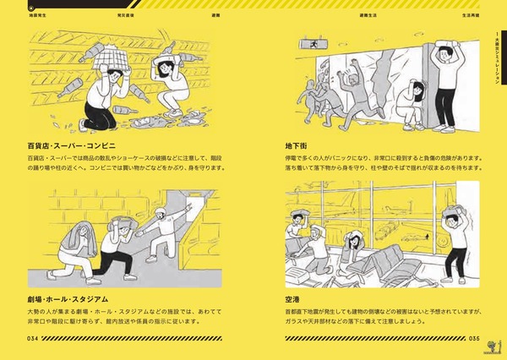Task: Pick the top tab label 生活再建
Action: [448, 14]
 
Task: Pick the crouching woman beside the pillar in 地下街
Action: [412, 106]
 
